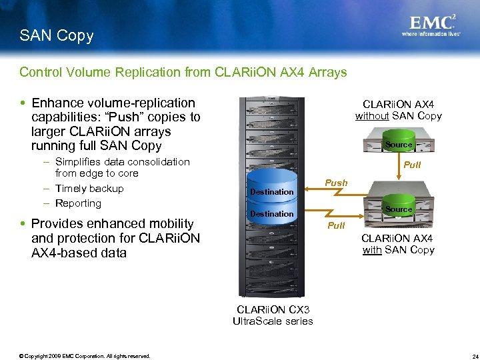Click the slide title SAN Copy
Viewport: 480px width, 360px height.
click(x=57, y=36)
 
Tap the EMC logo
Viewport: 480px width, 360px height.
click(x=433, y=21)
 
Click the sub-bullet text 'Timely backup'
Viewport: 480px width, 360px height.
click(x=89, y=188)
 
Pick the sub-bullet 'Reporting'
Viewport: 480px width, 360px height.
click(x=78, y=203)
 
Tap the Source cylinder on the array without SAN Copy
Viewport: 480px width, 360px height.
click(x=399, y=144)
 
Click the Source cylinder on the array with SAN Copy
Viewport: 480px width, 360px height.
click(x=399, y=209)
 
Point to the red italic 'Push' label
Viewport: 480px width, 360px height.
click(x=336, y=183)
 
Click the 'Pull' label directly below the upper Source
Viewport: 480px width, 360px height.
click(x=413, y=164)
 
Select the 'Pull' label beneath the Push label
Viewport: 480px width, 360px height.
click(x=336, y=225)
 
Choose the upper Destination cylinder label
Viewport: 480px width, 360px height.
click(x=271, y=192)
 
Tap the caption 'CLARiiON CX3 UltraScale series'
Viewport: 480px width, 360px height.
click(x=273, y=315)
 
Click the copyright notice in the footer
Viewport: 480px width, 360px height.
click(x=85, y=355)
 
